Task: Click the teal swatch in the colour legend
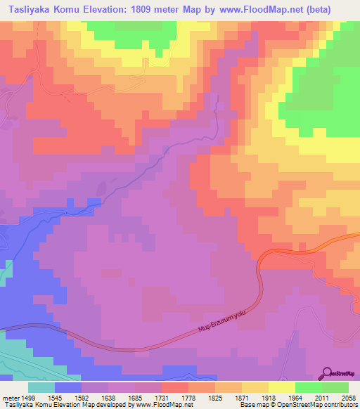tap(41, 388)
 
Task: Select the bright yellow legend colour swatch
tap(281, 388)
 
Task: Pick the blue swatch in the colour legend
tap(68, 388)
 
